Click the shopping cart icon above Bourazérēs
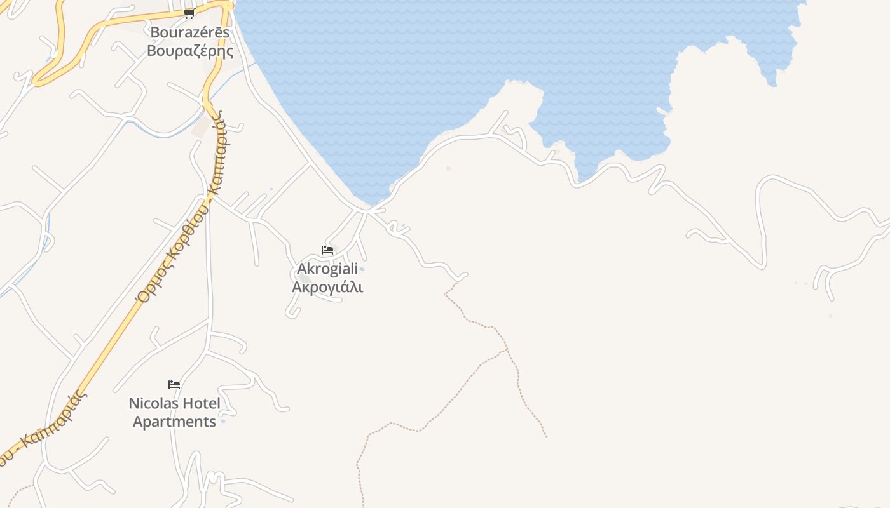tap(189, 13)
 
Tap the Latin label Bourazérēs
tap(189, 32)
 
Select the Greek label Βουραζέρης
tap(189, 51)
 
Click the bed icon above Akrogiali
tap(327, 250)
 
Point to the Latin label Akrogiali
tap(327, 269)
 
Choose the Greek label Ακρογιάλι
tap(327, 287)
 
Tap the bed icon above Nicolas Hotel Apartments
tap(174, 384)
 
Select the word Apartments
tap(174, 422)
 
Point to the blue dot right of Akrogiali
tap(362, 270)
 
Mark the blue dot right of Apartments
tap(222, 422)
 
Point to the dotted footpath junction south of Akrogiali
tap(506, 350)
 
